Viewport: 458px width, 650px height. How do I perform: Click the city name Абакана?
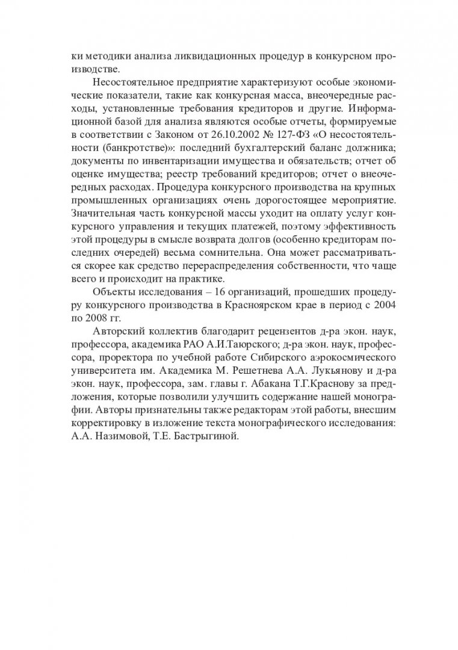coord(255,386)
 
